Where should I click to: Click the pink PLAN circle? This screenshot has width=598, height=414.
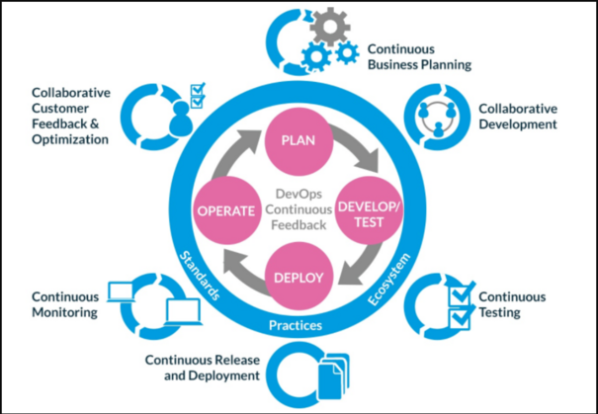coord(299,139)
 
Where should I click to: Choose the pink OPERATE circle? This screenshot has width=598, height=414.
coord(228,210)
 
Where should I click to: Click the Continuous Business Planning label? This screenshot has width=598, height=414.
coord(418,56)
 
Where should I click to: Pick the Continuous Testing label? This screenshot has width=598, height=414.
coord(511,304)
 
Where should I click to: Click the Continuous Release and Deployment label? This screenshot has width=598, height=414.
coord(203,368)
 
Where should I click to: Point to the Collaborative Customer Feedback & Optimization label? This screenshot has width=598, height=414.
coord(70,116)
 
